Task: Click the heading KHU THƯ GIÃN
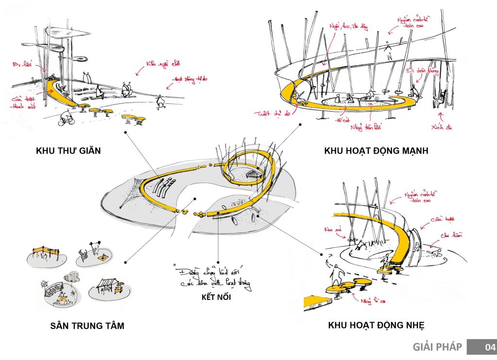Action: point(68,151)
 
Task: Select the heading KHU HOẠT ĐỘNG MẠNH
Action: point(376,151)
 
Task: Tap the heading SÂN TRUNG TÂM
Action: point(87,326)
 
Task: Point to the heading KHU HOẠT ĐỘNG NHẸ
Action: point(380,325)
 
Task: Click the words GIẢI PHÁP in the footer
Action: point(437,347)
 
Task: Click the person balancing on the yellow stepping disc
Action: point(335,278)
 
